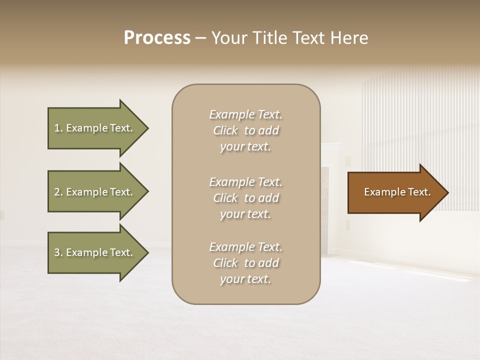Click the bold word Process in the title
pyautogui.click(x=157, y=38)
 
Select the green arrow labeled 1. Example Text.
pyautogui.click(x=95, y=128)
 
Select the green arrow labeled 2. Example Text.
pyautogui.click(x=95, y=192)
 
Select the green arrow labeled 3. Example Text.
pyautogui.click(x=95, y=252)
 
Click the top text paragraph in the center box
pyautogui.click(x=245, y=130)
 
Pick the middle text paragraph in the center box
pyautogui.click(x=245, y=198)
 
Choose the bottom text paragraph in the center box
pyautogui.click(x=245, y=263)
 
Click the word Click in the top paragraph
pyautogui.click(x=225, y=130)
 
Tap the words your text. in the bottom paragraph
pyautogui.click(x=245, y=279)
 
